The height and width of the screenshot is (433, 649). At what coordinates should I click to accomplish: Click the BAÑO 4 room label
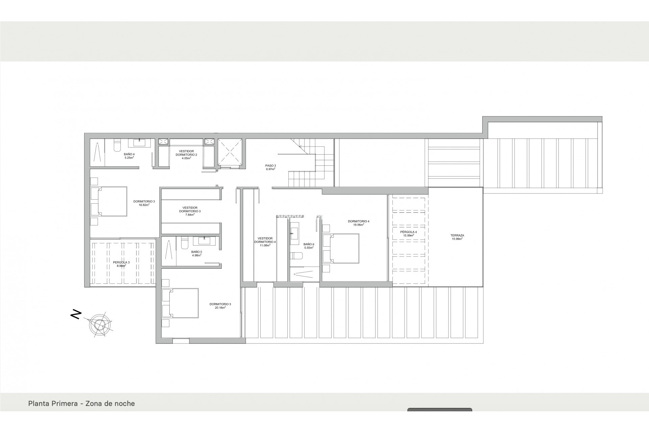(129, 154)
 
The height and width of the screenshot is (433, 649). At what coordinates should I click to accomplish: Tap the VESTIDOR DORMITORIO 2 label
(186, 153)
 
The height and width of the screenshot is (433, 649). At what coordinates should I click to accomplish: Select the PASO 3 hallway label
(270, 166)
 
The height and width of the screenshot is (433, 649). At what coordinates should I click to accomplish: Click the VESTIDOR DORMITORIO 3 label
(190, 209)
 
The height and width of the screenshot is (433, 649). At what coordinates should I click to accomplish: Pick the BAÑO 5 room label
(196, 252)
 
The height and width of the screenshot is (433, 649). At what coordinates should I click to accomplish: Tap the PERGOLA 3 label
(121, 262)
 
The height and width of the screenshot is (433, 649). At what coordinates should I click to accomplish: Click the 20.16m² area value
(220, 308)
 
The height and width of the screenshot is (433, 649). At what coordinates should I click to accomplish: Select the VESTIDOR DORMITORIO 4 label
(265, 240)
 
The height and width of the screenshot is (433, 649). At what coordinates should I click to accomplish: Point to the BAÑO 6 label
(309, 244)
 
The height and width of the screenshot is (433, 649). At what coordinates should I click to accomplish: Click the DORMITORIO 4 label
(358, 221)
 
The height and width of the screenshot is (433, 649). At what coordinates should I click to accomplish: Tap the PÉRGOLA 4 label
(408, 232)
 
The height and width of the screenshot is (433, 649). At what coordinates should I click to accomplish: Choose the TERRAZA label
(457, 235)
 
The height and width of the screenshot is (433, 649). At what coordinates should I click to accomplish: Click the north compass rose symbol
(100, 325)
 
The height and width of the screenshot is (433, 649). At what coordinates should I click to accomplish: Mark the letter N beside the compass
(76, 314)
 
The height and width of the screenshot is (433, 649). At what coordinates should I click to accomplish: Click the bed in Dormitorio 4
(341, 248)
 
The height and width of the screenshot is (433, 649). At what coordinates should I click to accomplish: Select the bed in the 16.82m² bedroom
(109, 201)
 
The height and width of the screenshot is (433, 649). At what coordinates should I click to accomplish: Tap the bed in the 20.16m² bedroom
(180, 303)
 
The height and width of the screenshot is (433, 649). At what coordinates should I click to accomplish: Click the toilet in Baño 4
(117, 144)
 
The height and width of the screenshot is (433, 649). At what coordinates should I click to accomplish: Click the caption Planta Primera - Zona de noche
(81, 404)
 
